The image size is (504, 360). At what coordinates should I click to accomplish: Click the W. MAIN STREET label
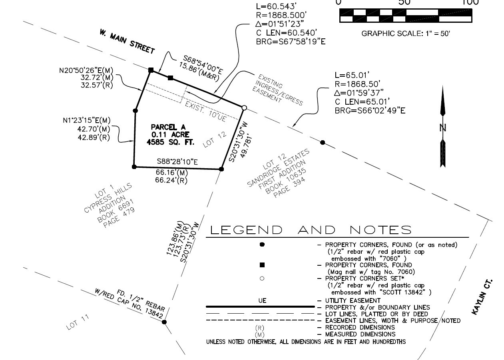[x=127, y=42]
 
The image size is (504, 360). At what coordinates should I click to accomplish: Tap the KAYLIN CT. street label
[x=482, y=297]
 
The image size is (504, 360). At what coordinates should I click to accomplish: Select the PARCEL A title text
[x=168, y=127]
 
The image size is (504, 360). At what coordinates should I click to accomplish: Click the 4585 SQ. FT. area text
[x=170, y=142]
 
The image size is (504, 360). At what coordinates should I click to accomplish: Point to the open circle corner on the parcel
[x=244, y=108]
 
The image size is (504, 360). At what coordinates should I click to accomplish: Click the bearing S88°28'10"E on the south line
[x=177, y=162]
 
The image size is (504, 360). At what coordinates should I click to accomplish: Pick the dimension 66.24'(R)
[x=171, y=180]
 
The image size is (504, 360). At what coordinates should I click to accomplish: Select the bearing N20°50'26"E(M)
[x=86, y=70]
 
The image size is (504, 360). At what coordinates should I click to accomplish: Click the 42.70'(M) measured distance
[x=94, y=129]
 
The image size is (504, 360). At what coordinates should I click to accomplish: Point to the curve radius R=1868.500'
[x=281, y=15]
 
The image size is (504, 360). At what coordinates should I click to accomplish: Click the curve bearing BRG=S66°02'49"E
[x=370, y=111]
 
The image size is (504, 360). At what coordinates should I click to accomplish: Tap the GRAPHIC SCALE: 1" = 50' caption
[x=406, y=34]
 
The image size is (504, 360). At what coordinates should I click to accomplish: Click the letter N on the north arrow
[x=443, y=128]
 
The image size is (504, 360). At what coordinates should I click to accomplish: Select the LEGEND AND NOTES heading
[x=311, y=230]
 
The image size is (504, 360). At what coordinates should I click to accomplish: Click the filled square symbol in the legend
[x=262, y=265]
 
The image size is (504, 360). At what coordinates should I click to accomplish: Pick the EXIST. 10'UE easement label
[x=206, y=111]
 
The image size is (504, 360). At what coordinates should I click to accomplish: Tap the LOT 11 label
[x=78, y=322]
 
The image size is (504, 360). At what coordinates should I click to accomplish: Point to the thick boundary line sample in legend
[x=260, y=306]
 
